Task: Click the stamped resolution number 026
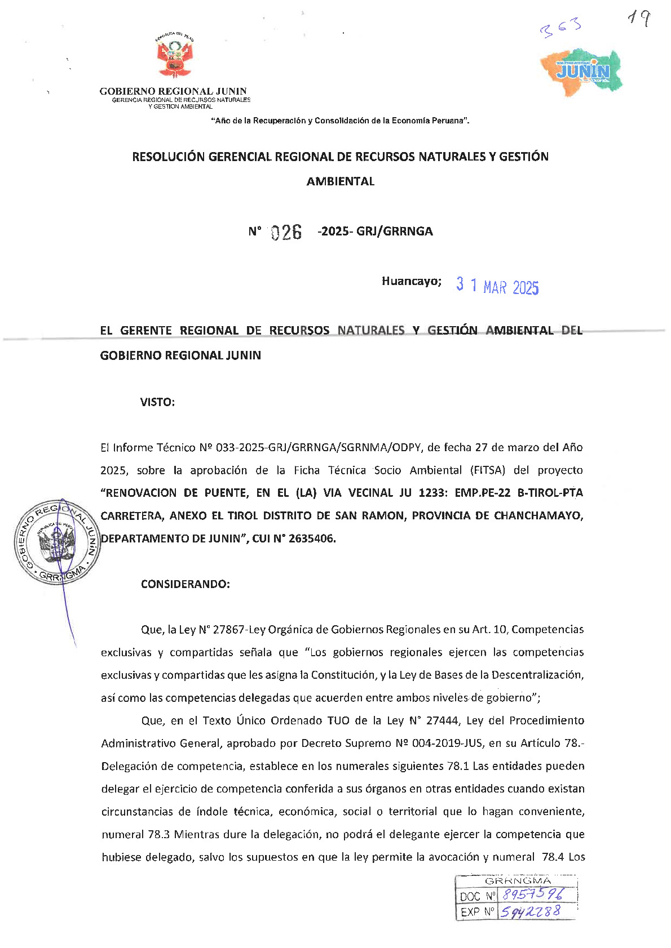click(x=286, y=232)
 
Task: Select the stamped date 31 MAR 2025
click(x=497, y=286)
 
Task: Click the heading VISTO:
click(x=157, y=402)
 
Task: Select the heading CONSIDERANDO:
click(x=185, y=584)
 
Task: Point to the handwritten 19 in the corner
click(x=639, y=20)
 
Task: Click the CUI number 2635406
click(x=312, y=538)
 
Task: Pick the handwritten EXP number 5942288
click(x=530, y=911)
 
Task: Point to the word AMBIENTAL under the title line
click(x=340, y=181)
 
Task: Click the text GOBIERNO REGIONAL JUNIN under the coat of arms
click(x=173, y=91)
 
